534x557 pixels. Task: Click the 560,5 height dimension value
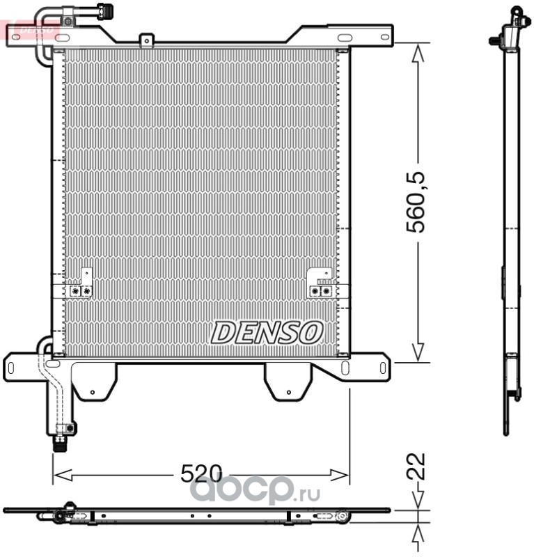click(x=416, y=202)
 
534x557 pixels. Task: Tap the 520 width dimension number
click(x=201, y=473)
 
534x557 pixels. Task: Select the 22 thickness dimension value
click(x=416, y=466)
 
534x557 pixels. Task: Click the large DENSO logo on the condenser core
click(x=267, y=333)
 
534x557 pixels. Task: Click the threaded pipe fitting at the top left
click(x=105, y=10)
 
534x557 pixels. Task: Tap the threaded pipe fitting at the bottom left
click(x=60, y=443)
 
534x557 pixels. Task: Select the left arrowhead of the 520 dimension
click(x=63, y=474)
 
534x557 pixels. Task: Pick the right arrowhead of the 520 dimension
click(x=340, y=474)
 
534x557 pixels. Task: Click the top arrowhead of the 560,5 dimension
click(x=418, y=53)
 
